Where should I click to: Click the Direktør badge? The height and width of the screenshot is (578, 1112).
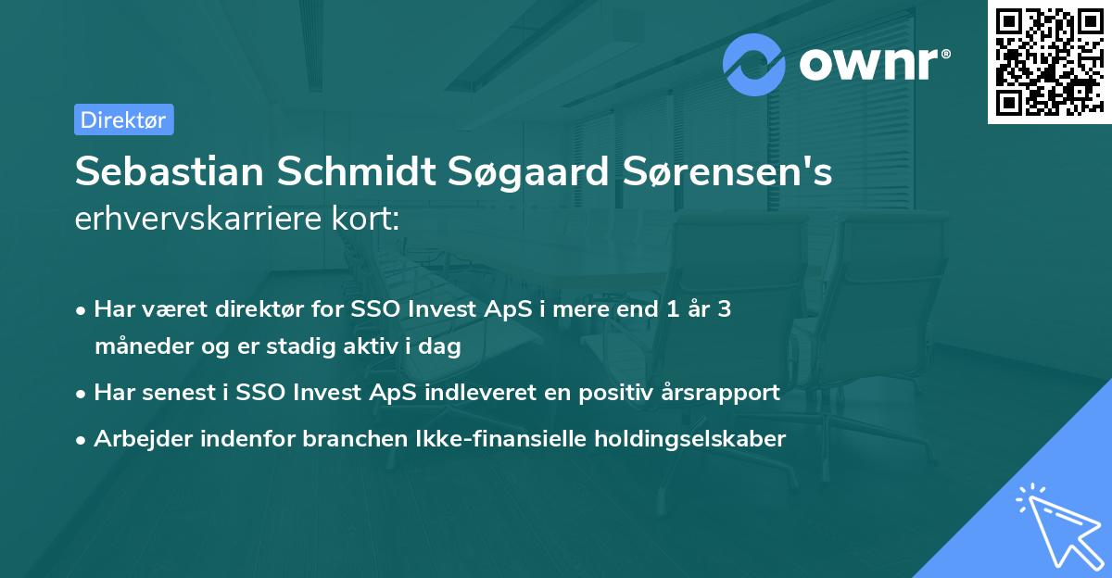[123, 119]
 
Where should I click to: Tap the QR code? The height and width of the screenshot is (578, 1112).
[1048, 61]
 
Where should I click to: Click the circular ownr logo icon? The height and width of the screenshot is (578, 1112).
[754, 65]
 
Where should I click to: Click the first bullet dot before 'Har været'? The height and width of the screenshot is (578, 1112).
[82, 310]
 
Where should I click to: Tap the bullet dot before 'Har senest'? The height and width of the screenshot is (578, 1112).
[82, 394]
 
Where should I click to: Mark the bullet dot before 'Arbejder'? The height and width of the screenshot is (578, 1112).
[82, 440]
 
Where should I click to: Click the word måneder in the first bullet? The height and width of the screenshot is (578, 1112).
[144, 347]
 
